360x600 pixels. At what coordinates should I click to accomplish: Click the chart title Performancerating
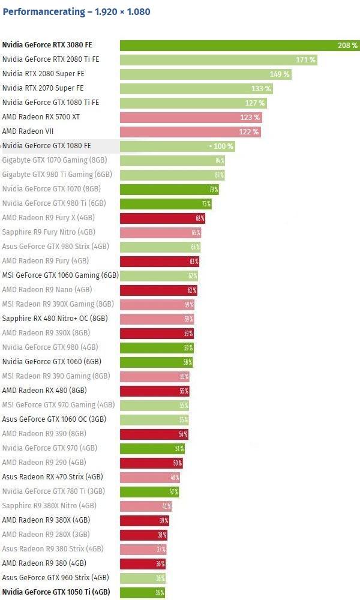[76, 11]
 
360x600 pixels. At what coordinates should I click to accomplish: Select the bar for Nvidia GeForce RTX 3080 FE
[234, 45]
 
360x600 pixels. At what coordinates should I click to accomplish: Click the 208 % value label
[347, 45]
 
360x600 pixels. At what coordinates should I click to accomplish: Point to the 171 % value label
[305, 59]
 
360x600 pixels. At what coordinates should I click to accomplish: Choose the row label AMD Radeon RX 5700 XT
[41, 117]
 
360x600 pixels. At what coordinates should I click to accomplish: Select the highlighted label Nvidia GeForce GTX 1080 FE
[47, 146]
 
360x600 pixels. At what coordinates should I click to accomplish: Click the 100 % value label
[223, 146]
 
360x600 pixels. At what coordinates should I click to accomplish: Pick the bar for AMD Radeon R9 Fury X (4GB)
[159, 218]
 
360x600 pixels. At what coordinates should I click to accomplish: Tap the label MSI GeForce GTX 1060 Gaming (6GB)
[60, 275]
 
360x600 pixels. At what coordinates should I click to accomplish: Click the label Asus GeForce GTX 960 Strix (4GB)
[55, 578]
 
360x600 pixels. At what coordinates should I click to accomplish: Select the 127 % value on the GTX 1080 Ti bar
[255, 103]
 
